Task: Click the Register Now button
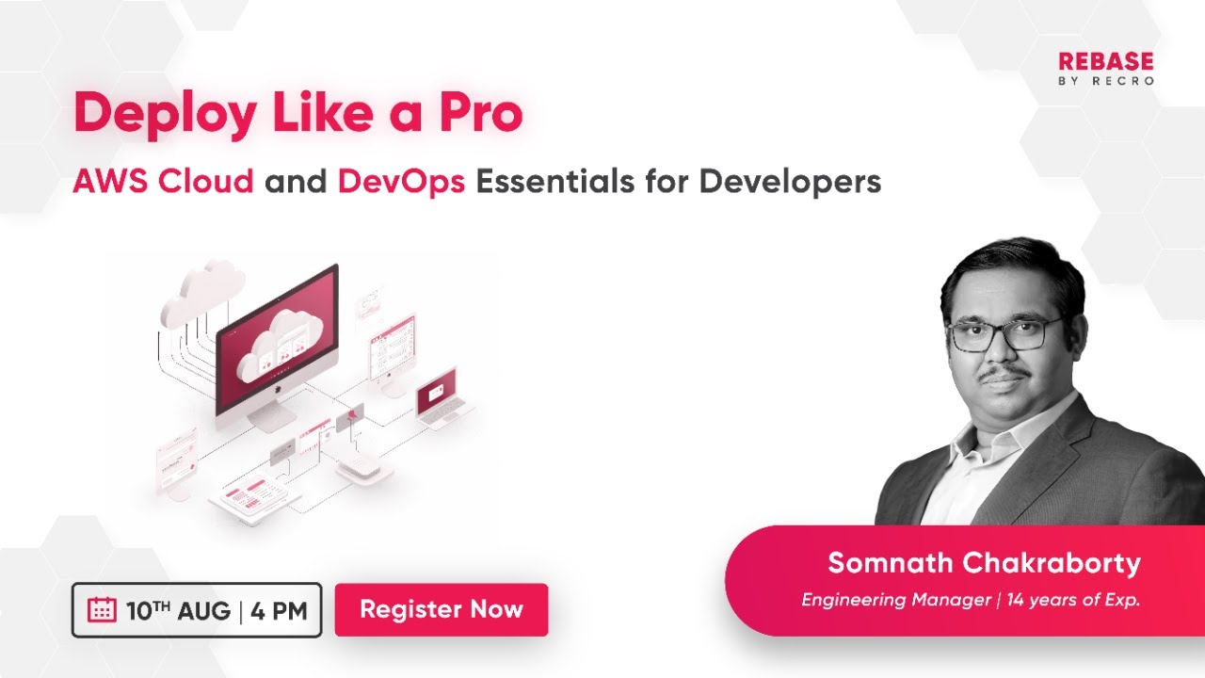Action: [441, 609]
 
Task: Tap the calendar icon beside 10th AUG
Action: [102, 610]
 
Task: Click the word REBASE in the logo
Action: [1105, 62]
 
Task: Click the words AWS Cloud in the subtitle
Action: [163, 181]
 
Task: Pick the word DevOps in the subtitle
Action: [401, 181]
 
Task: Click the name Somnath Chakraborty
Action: [984, 563]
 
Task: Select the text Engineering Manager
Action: [896, 600]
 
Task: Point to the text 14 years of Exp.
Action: [1073, 600]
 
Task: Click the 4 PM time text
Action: [279, 610]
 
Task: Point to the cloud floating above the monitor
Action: [203, 292]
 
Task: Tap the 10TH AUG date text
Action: [178, 610]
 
